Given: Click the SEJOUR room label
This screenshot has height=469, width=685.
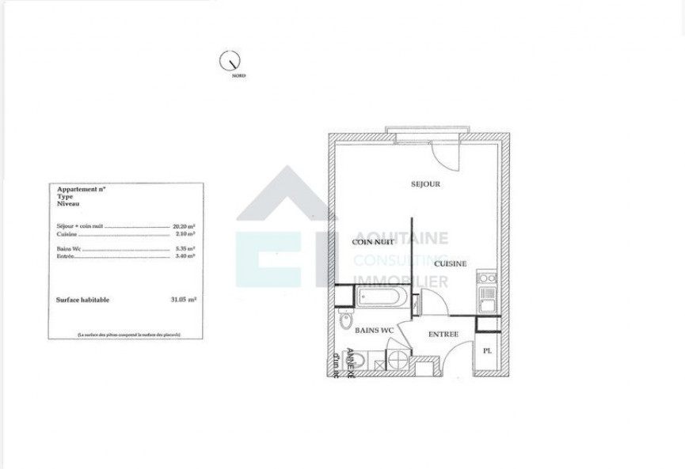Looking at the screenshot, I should tap(425, 183).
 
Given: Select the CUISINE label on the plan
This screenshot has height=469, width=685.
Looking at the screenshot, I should tap(450, 263).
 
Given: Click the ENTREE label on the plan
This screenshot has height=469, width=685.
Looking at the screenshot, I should tap(443, 335).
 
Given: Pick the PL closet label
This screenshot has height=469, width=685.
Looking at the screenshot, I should tap(487, 350).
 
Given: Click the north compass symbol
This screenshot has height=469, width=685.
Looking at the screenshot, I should tap(230, 59).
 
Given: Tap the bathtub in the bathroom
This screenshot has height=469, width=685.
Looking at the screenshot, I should tap(382, 299).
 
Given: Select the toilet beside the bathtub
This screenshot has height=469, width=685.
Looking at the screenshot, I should tap(345, 320).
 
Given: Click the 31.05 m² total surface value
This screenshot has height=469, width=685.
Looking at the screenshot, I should tap(184, 301).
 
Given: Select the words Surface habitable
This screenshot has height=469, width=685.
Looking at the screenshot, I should tap(83, 301).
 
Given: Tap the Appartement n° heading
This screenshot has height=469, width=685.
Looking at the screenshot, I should tap(82, 190).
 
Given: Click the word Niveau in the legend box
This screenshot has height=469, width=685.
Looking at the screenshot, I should tap(67, 203).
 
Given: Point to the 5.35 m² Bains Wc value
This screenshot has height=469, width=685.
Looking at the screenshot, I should tap(184, 248).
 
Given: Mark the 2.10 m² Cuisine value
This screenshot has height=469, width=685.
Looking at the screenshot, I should tap(184, 234).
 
